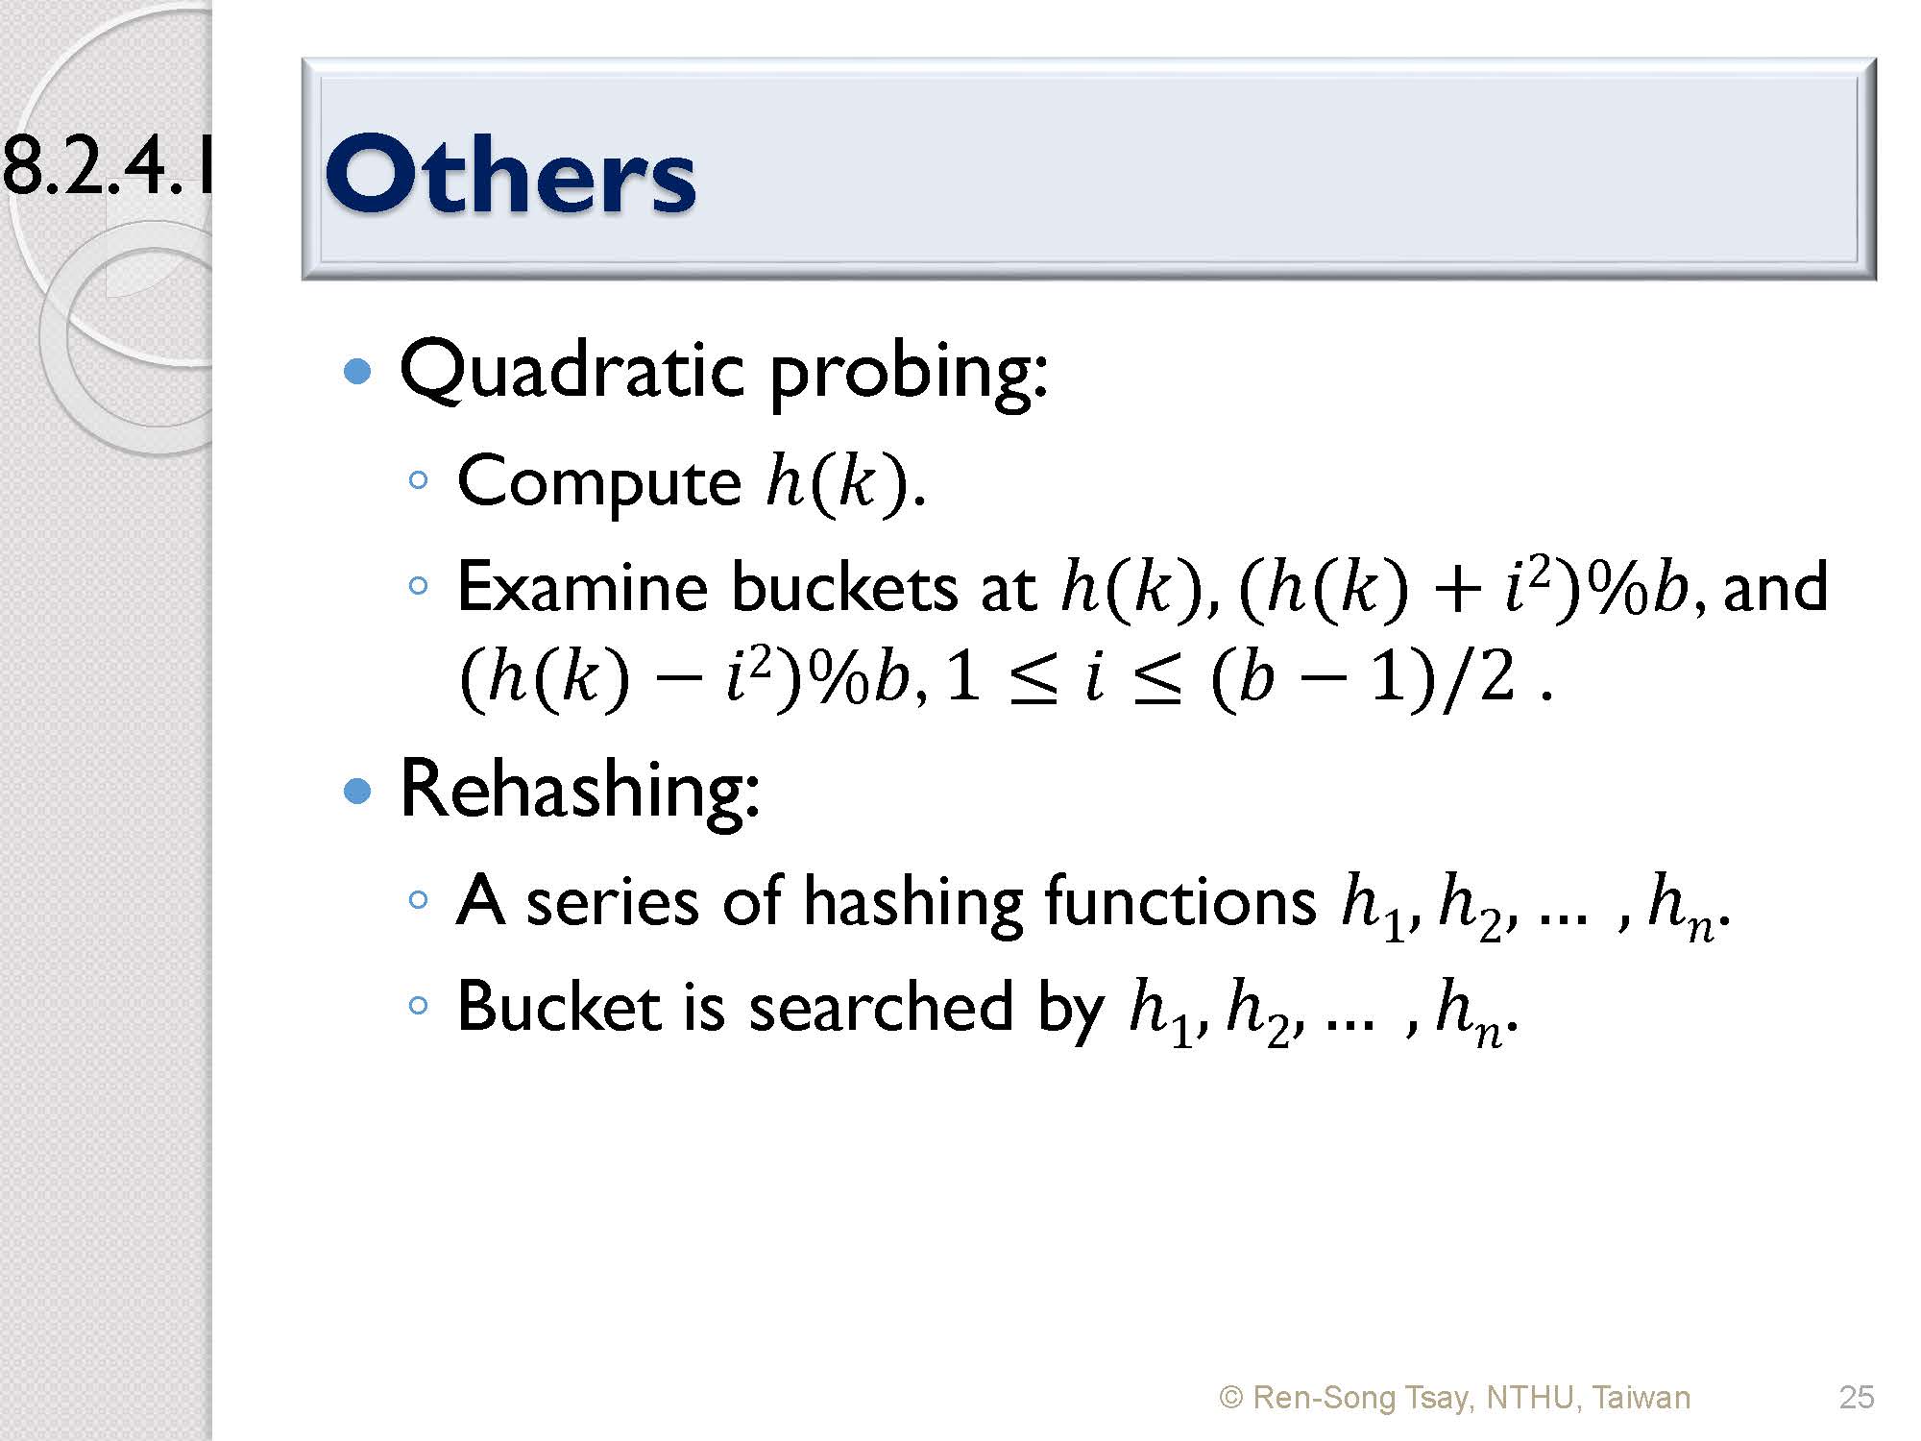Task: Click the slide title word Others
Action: tap(510, 174)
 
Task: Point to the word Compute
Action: tap(599, 482)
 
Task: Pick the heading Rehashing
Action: tap(580, 790)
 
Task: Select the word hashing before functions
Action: tap(912, 903)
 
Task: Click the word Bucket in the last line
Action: tap(558, 1007)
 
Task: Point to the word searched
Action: tap(881, 1007)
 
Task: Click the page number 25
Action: tap(1857, 1397)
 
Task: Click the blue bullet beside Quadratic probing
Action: tap(357, 372)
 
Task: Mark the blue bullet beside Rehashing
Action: tap(357, 791)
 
